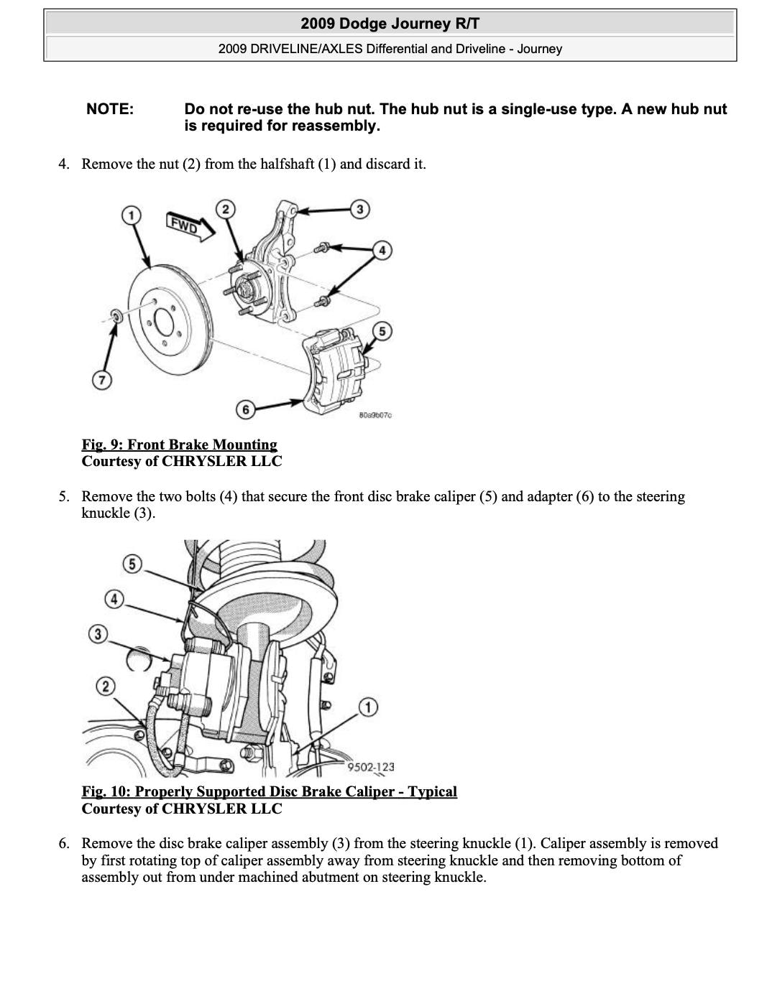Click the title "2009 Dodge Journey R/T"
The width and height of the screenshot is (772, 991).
[x=390, y=24]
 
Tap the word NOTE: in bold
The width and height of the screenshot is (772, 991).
[x=110, y=109]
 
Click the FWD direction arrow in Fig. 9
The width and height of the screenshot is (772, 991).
[x=190, y=226]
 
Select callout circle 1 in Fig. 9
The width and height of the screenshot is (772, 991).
[x=131, y=215]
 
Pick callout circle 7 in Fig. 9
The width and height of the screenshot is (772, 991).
[x=101, y=380]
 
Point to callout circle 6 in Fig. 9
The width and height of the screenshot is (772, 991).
[x=246, y=410]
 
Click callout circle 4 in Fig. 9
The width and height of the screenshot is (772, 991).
[x=382, y=250]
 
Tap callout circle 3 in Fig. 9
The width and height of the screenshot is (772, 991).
[x=359, y=209]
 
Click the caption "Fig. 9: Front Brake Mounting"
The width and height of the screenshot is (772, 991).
[x=179, y=445]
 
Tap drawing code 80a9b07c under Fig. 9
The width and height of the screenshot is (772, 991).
[x=374, y=415]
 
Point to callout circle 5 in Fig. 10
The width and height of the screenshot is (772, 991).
[x=132, y=564]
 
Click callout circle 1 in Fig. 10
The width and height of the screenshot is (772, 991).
[x=368, y=707]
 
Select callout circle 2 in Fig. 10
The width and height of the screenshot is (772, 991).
[x=106, y=686]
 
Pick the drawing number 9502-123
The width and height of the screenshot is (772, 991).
[x=371, y=767]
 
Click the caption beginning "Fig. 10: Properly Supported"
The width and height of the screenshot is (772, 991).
[x=269, y=791]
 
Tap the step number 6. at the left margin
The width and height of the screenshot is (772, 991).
[x=65, y=843]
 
